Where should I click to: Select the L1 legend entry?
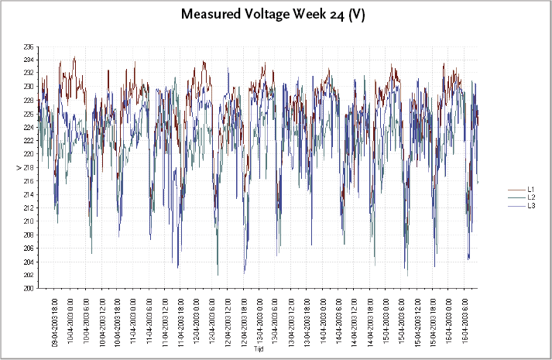point(531,189)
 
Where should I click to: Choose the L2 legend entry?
point(531,197)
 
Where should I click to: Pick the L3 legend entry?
point(531,206)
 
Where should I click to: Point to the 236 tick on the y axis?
point(29,46)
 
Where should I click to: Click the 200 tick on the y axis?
point(29,288)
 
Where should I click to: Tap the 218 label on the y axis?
point(29,167)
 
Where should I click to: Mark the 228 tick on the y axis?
point(29,100)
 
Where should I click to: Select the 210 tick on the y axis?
point(29,221)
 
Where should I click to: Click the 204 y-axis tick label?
point(29,261)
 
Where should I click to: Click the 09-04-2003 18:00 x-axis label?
point(55,319)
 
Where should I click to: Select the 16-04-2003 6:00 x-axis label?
point(465,319)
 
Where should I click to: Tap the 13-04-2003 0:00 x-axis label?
point(259,319)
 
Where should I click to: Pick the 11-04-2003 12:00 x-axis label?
point(165,319)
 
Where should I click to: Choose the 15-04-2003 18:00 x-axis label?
point(433,319)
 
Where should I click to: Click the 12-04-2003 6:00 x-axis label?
point(212,319)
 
